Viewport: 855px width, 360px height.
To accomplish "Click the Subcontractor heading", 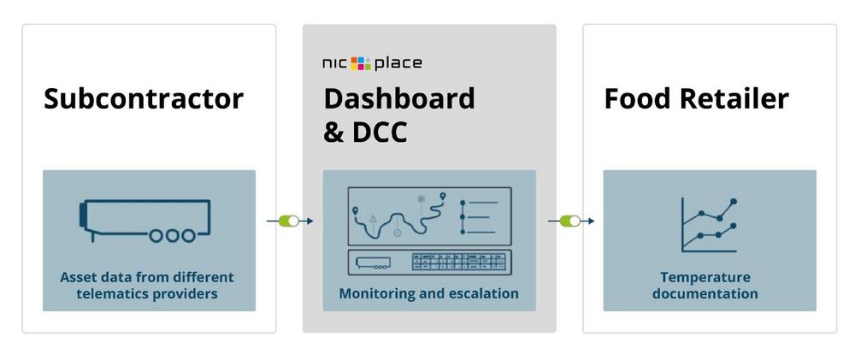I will point(144,98).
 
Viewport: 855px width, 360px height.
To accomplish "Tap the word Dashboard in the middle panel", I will point(398,98).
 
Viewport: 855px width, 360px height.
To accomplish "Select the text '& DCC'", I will point(365,132).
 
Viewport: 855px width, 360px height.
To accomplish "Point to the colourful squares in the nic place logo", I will point(361,62).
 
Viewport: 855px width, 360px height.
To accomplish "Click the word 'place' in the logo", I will point(398,63).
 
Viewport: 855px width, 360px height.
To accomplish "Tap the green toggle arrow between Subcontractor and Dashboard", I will point(290,221).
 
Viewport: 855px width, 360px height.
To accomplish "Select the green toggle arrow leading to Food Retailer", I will point(570,221).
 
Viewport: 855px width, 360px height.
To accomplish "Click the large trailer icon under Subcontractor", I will point(144,221).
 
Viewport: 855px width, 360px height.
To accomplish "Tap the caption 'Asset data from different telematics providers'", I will point(146,286).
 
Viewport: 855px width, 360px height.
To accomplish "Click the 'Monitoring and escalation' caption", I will point(428,293).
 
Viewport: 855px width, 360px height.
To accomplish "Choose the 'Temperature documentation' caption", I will point(705,286).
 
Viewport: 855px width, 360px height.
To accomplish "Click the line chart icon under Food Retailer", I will point(709,225).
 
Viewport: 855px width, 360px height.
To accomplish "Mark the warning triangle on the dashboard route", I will point(374,218).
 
